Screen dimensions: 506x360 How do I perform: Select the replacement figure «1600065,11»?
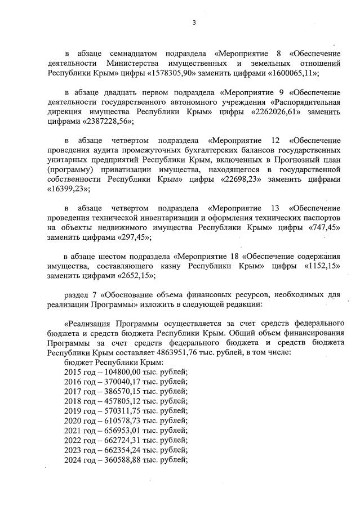point(286,74)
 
